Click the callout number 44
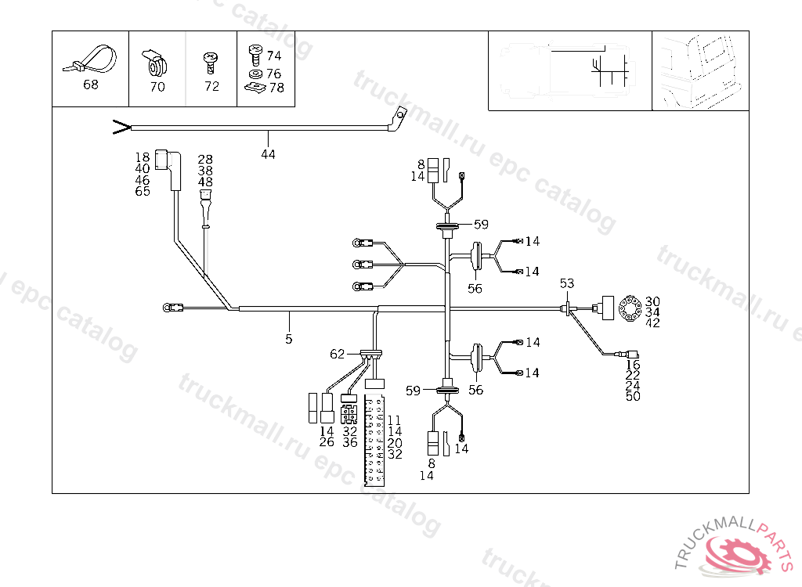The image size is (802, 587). pos(268,154)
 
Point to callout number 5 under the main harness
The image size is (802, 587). pos(289,339)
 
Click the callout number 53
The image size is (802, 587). pos(566,283)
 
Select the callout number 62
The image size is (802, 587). pos(337,354)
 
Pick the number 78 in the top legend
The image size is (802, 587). pos(276,88)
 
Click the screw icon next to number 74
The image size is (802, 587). pos(254,53)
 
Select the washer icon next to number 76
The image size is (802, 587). pos(254,74)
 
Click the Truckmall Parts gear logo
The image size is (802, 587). pos(737,552)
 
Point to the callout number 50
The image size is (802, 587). pos(633,396)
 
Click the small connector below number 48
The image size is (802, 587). pos(205,207)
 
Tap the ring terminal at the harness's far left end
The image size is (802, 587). pos(168,308)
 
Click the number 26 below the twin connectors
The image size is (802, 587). pos(327,442)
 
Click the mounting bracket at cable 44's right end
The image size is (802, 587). pos(399,120)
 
